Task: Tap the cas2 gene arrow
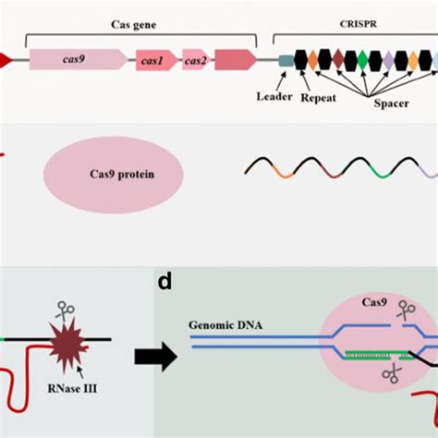coord(195,61)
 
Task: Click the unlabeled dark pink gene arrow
coord(236,60)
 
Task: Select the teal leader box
coord(286,61)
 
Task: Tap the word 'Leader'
coord(274,96)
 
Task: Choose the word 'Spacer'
coord(391,104)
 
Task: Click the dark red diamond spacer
coord(338,61)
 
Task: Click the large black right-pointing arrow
coord(154,356)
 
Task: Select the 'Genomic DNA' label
coord(221,325)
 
